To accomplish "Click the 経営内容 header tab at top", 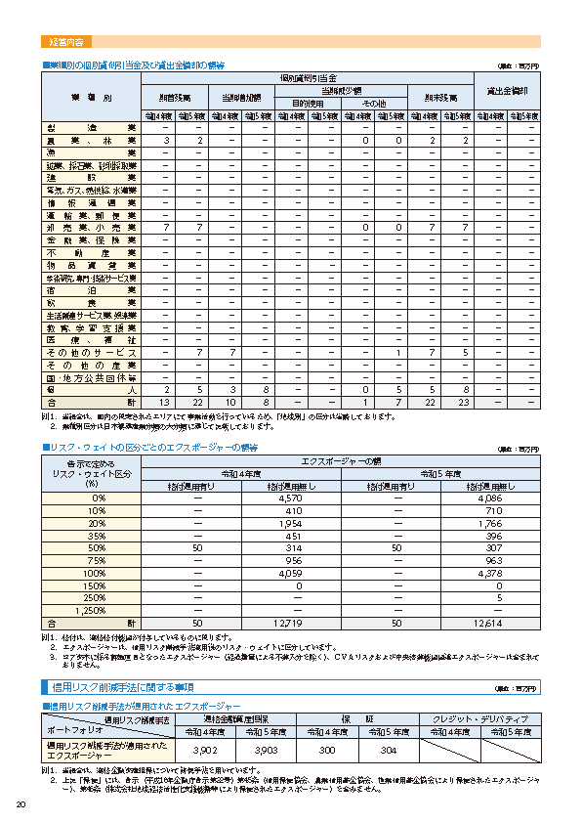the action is pos(66,42).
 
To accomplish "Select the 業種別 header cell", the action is pos(91,98).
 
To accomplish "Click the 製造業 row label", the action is pos(91,128).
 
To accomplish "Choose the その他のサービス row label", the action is pos(91,352).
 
